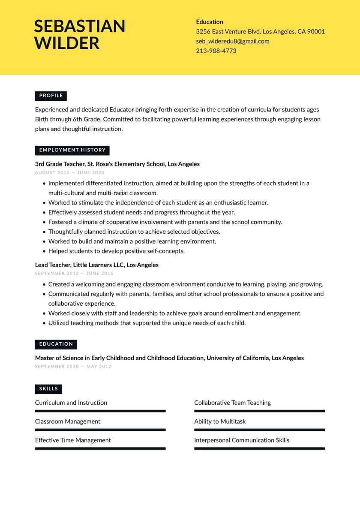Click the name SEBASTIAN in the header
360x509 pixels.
point(79,27)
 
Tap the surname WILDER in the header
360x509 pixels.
point(66,43)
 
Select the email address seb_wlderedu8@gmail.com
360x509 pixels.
point(233,41)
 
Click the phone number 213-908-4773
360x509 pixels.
point(216,51)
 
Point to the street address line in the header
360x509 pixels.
point(260,31)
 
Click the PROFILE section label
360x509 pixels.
point(51,96)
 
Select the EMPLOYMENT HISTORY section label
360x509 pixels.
point(72,150)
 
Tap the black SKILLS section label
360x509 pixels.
point(48,389)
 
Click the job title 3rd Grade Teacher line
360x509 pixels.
point(117,164)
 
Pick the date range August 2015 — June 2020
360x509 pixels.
point(69,172)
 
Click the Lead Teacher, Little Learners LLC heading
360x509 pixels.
point(96,265)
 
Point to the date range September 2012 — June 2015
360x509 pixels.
point(74,273)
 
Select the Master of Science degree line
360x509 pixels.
point(169,358)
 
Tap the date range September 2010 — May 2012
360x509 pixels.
point(73,367)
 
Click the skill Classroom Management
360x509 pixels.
point(68,422)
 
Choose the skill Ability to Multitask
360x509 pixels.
point(220,422)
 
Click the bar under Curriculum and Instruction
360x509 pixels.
point(100,411)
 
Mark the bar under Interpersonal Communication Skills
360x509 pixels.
point(259,449)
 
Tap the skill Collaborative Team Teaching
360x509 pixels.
point(232,403)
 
